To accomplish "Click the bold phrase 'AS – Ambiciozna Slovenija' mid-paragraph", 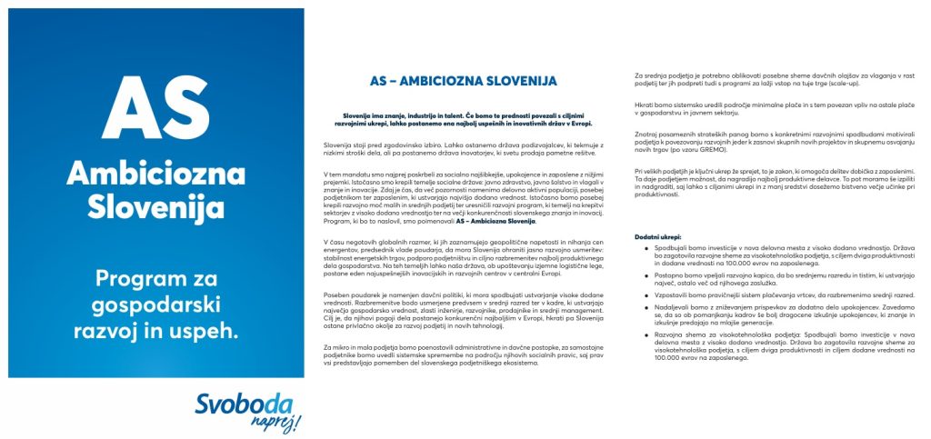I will point(496,221).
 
